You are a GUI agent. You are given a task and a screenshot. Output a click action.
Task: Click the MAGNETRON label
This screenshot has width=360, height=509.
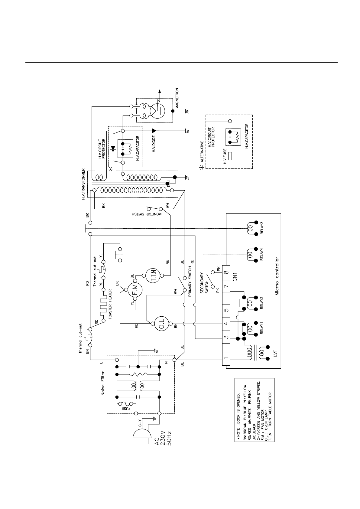click(177, 98)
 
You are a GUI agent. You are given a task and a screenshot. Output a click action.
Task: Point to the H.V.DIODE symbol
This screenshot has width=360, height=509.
click(154, 131)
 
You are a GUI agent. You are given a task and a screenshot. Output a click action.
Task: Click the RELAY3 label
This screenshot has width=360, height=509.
click(262, 228)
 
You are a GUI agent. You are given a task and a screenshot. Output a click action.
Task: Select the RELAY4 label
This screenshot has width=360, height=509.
click(262, 254)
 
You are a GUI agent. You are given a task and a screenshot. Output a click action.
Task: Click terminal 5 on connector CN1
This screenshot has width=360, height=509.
click(226, 310)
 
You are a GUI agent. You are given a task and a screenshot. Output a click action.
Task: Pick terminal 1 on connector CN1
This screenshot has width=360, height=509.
click(226, 358)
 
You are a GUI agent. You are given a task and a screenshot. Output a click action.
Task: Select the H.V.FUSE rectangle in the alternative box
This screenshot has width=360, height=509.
click(230, 156)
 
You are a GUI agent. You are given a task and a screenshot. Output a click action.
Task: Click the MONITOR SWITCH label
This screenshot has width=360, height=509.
click(147, 214)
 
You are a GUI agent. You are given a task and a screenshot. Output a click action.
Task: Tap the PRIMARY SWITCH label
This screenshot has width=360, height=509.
click(190, 281)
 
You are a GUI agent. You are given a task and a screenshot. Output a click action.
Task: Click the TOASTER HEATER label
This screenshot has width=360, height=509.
click(110, 304)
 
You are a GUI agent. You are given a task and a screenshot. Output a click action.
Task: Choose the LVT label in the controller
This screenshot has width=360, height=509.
click(275, 354)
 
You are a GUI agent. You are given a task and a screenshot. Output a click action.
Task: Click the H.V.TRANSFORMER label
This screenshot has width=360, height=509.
click(83, 184)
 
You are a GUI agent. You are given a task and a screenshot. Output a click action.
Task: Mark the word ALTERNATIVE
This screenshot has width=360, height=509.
click(202, 152)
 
